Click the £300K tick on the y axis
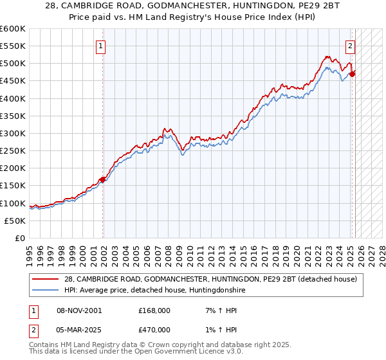click(14, 133)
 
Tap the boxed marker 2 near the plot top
click(351, 46)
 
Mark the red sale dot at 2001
click(102, 179)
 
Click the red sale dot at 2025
click(353, 74)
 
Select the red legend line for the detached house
click(45, 278)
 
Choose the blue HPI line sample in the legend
click(45, 290)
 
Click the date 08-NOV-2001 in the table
click(78, 310)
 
